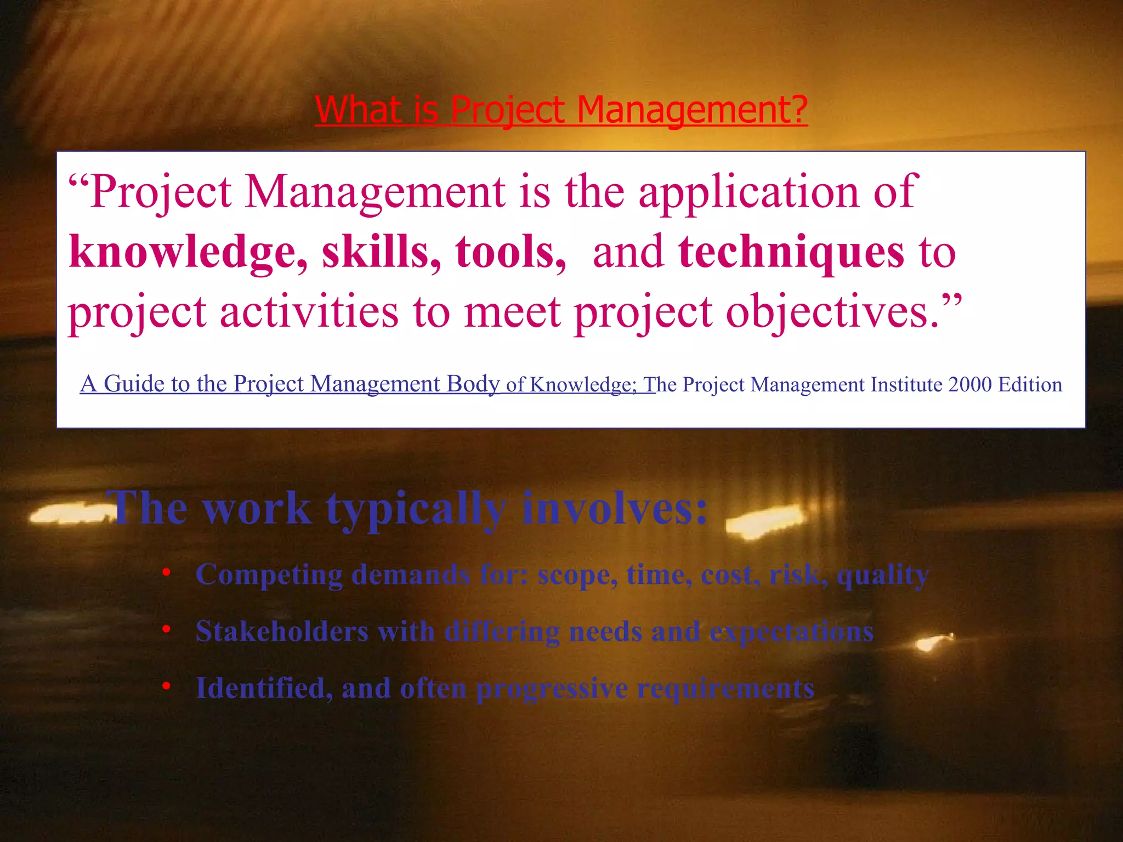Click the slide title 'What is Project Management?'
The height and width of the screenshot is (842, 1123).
[561, 110]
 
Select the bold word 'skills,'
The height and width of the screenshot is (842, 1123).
[381, 252]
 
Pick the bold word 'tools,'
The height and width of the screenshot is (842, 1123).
[511, 252]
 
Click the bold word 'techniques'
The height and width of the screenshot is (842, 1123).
[791, 252]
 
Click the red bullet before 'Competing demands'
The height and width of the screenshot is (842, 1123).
[166, 572]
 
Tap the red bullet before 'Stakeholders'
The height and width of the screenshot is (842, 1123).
[166, 629]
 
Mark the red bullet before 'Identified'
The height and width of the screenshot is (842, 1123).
[166, 686]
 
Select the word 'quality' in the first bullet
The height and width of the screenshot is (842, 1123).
[882, 576]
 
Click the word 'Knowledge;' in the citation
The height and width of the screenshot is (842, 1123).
[583, 384]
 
